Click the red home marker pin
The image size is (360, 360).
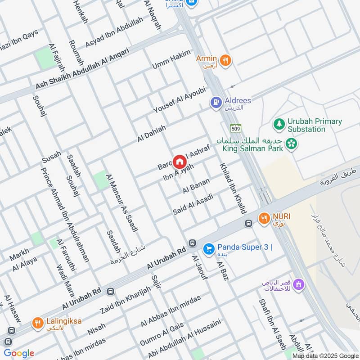click(179, 162)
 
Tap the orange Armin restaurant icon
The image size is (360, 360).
click(225, 60)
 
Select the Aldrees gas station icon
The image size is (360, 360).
click(216, 103)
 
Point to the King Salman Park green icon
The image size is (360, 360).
click(292, 144)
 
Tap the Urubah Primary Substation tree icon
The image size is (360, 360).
click(279, 123)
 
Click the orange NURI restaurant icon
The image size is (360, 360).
click(264, 219)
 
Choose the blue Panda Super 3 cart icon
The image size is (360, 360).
click(208, 248)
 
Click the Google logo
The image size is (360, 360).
click(19, 353)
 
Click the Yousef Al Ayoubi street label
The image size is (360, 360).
click(179, 99)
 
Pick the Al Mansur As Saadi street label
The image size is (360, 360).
click(121, 202)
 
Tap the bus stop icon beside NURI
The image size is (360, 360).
click(248, 223)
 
